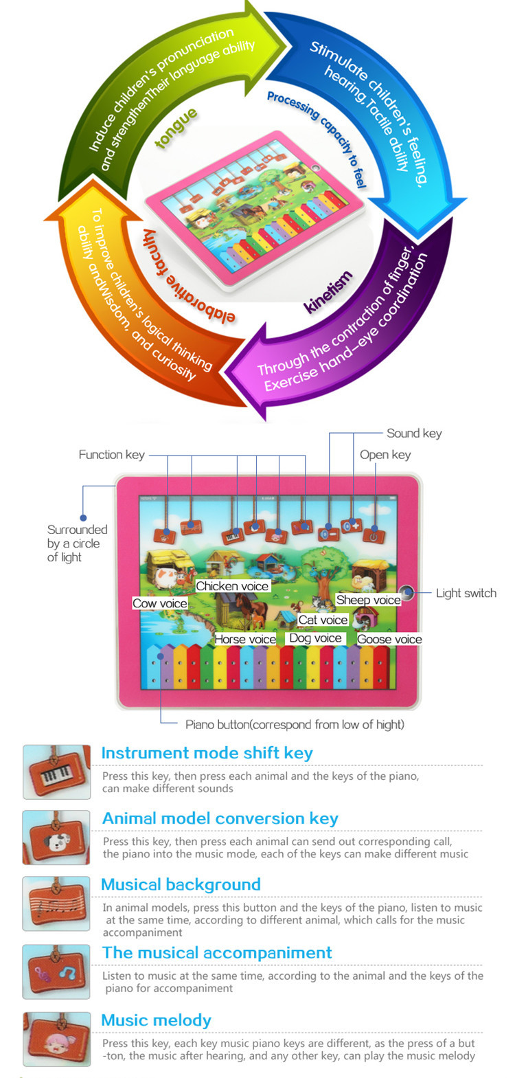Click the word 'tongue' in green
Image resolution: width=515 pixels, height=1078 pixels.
[176, 128]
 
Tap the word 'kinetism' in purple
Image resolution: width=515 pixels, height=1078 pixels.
[328, 292]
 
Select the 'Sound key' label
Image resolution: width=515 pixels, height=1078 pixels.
[414, 434]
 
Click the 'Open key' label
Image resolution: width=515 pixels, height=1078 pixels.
[385, 455]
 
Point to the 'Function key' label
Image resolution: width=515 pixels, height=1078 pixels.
[111, 455]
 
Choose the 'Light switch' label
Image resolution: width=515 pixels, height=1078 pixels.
[466, 594]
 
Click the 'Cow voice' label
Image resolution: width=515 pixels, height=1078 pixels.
[160, 603]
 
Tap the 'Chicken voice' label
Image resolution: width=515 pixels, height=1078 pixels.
[232, 586]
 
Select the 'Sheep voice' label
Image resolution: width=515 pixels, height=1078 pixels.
[368, 600]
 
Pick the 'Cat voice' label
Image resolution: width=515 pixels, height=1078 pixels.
[323, 620]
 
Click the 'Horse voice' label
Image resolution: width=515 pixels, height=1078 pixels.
[245, 639]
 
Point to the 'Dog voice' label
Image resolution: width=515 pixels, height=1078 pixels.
[315, 638]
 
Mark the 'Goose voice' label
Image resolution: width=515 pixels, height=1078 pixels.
[389, 639]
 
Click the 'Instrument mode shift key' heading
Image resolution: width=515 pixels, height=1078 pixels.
[207, 753]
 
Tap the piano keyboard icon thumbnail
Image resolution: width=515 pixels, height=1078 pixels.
[56, 772]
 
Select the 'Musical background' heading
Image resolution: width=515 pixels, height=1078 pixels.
[181, 885]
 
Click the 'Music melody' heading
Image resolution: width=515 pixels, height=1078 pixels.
[156, 1021]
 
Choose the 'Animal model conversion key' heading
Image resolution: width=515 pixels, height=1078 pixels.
[220, 819]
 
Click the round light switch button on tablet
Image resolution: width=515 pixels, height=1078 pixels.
[407, 592]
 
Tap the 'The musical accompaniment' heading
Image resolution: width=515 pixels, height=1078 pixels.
[216, 953]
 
